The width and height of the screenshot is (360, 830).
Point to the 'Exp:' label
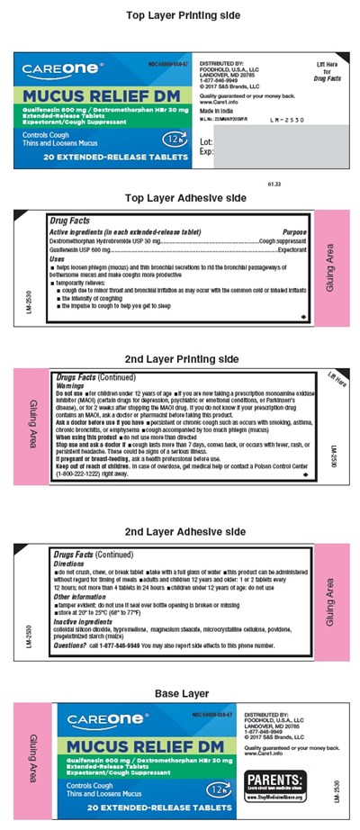[205, 152]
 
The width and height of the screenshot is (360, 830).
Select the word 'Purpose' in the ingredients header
[294, 232]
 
